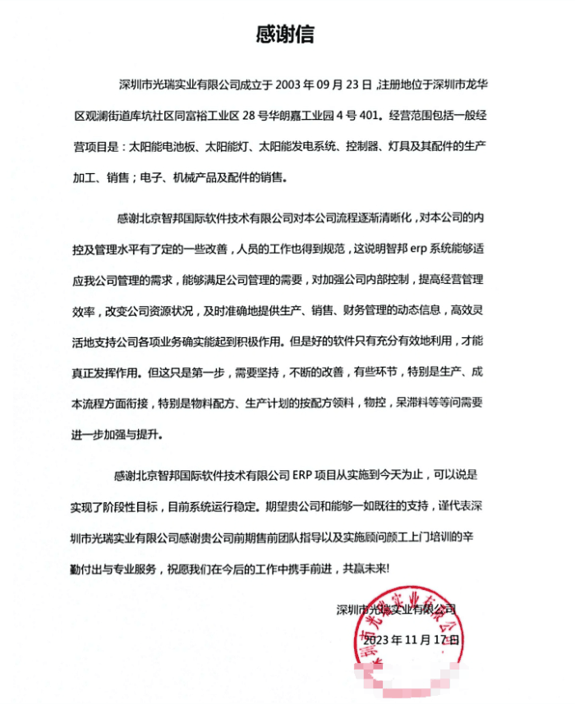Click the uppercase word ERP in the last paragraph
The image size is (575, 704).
point(302,475)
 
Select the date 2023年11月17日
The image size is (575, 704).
point(410,638)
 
